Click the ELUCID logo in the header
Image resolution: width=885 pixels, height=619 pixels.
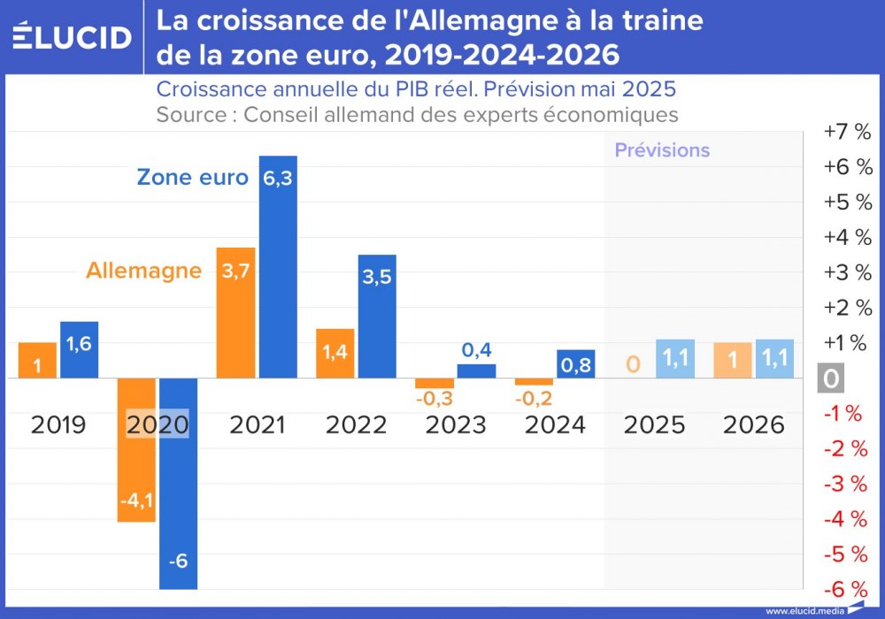(73, 36)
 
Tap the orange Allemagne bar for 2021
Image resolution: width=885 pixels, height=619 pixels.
(235, 312)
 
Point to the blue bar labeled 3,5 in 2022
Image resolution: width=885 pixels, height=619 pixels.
(377, 316)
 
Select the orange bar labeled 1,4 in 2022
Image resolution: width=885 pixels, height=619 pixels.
(335, 353)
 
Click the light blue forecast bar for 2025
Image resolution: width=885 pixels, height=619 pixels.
(675, 359)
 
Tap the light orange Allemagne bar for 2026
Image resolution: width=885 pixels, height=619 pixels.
(732, 361)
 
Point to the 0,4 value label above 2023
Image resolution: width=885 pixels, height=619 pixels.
(476, 350)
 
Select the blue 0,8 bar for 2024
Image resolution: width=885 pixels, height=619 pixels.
(576, 363)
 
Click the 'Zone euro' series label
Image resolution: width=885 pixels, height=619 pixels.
(192, 177)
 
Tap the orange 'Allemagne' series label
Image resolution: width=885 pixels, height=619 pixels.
(143, 271)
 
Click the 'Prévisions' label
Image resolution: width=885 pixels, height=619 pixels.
(662, 150)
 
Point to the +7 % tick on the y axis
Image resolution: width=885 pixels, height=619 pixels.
(847, 132)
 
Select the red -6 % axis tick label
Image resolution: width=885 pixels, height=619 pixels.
(846, 589)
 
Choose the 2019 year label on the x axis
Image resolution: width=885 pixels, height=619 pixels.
(58, 425)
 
